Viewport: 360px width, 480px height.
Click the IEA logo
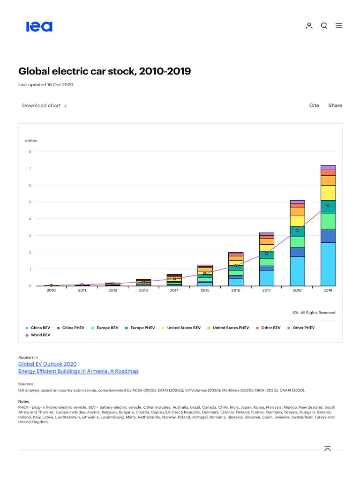39,26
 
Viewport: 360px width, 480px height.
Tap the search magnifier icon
324,26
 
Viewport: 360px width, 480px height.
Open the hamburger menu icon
339,26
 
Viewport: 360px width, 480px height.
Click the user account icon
309,26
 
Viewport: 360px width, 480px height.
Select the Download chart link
45,105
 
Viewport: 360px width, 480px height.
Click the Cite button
314,105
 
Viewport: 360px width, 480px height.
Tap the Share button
335,105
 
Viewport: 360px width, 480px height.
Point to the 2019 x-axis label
328,291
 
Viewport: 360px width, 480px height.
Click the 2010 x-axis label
51,291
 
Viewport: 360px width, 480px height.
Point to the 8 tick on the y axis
30,151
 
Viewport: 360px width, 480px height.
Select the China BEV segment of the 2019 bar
328,264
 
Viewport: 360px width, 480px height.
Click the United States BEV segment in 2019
328,193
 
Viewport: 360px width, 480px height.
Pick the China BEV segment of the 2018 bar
297,271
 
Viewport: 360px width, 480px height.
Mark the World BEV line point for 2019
328,205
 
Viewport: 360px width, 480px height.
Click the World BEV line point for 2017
266,253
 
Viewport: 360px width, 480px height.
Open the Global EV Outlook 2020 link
47,364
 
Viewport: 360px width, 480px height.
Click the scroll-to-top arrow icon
328,449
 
